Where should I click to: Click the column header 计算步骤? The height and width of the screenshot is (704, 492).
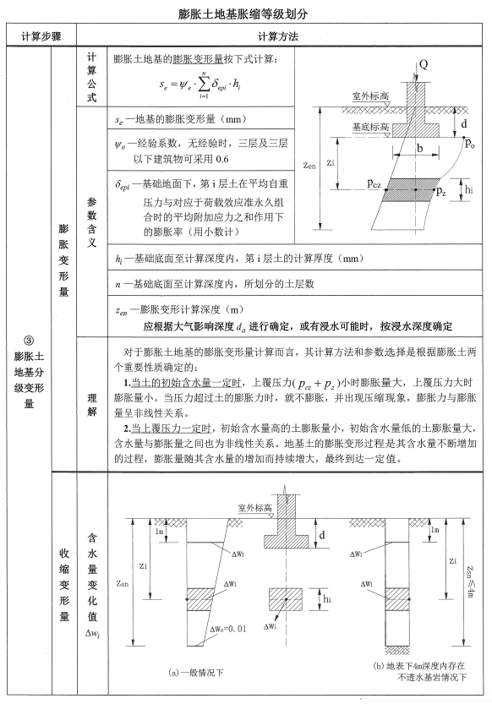39,37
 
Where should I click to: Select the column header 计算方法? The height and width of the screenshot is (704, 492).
282,37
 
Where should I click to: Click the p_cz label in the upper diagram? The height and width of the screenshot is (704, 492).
377,182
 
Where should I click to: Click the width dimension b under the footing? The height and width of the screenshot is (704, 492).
420,149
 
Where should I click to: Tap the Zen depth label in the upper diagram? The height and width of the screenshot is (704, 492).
310,166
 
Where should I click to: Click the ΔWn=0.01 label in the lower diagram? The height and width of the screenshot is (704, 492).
223,628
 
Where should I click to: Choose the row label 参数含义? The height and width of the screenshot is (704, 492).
92,221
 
